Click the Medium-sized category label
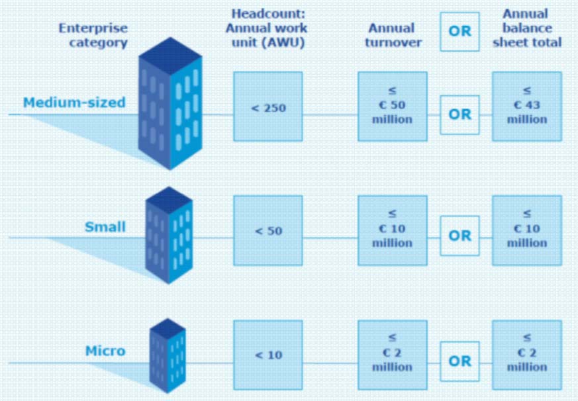(73, 103)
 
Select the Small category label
(105, 227)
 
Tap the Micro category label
(105, 350)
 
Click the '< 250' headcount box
(268, 107)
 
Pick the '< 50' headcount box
(268, 230)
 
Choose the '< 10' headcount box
(268, 355)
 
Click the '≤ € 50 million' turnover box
(392, 107)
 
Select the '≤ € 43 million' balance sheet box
(527, 107)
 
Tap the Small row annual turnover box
(392, 230)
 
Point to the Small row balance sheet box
(527, 230)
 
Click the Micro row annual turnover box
(392, 355)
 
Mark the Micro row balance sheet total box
(527, 355)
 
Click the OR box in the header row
(460, 31)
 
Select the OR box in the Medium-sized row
(460, 114)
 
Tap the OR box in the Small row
(460, 236)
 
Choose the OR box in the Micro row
(460, 361)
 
